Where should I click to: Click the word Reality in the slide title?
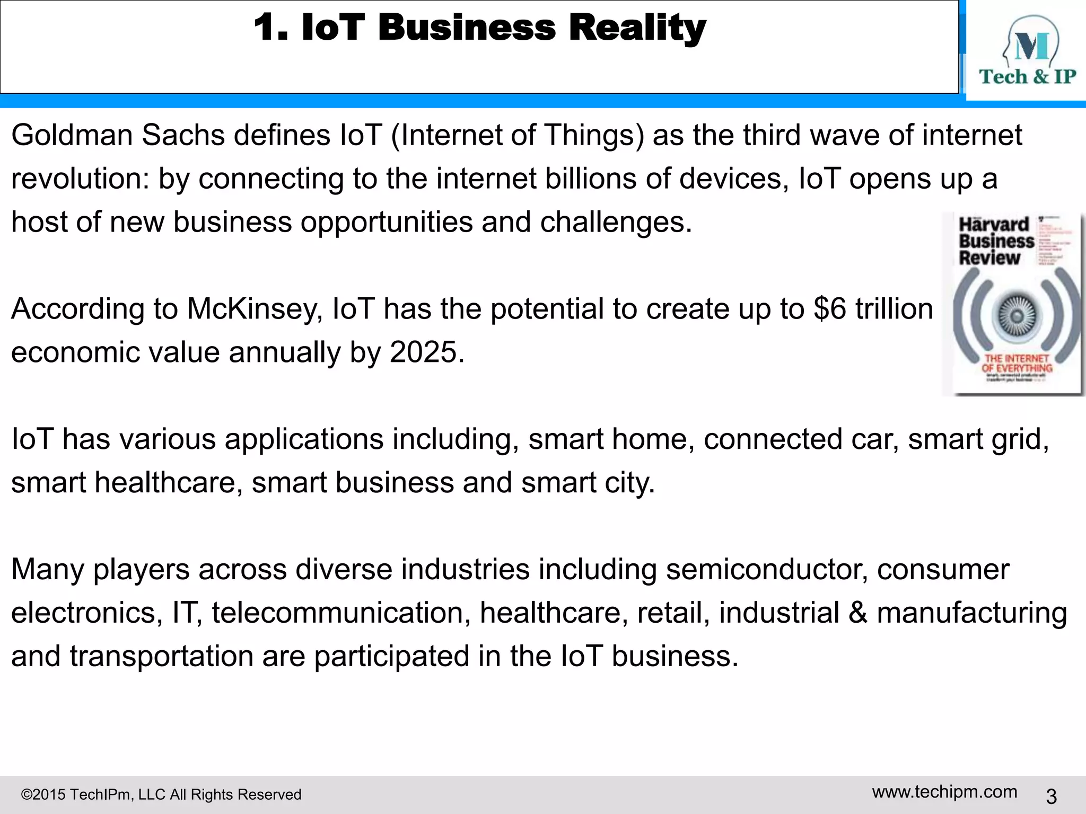point(637,28)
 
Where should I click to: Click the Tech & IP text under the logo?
point(1027,77)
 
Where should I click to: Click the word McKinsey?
point(255,309)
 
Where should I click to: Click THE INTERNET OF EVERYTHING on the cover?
point(1017,364)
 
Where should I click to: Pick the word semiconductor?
point(767,570)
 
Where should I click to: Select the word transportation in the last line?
point(161,657)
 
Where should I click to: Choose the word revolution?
point(80,179)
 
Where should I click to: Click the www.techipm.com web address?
point(944,792)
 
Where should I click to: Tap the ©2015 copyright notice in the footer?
point(161,794)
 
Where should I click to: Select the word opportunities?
point(386,222)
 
